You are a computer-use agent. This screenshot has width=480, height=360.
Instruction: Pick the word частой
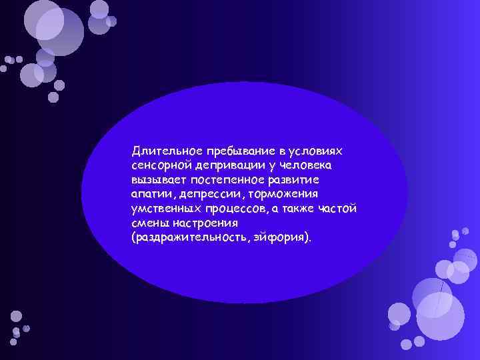coord(339,209)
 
